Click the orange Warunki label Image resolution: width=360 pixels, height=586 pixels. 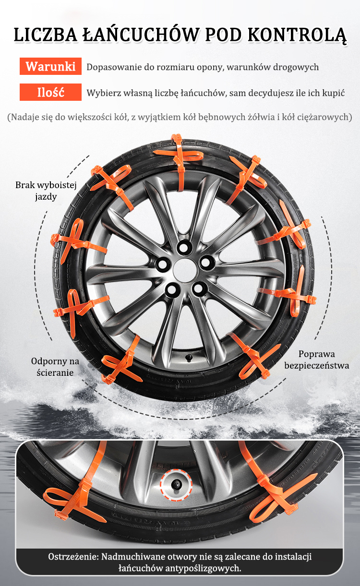[x=50, y=66]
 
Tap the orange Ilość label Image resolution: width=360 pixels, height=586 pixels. [x=50, y=92]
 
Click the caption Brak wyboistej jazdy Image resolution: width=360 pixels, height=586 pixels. [x=46, y=191]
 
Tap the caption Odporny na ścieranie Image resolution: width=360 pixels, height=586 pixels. [x=55, y=367]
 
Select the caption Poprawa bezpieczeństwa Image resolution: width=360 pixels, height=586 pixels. [x=317, y=359]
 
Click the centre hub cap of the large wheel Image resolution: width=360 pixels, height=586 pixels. [x=185, y=270]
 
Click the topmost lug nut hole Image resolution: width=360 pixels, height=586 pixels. [x=184, y=246]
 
